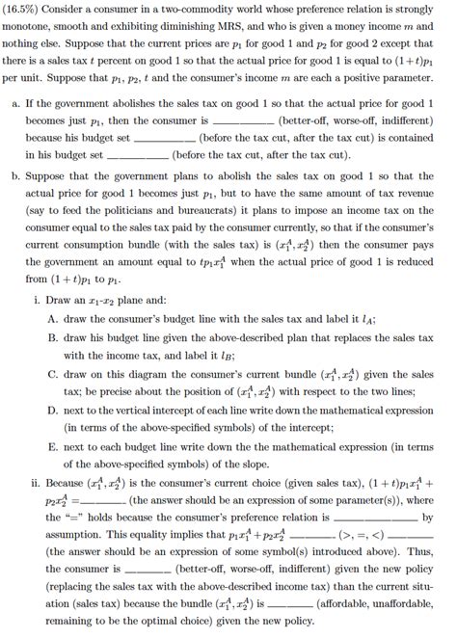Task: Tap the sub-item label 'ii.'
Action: [40, 483]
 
